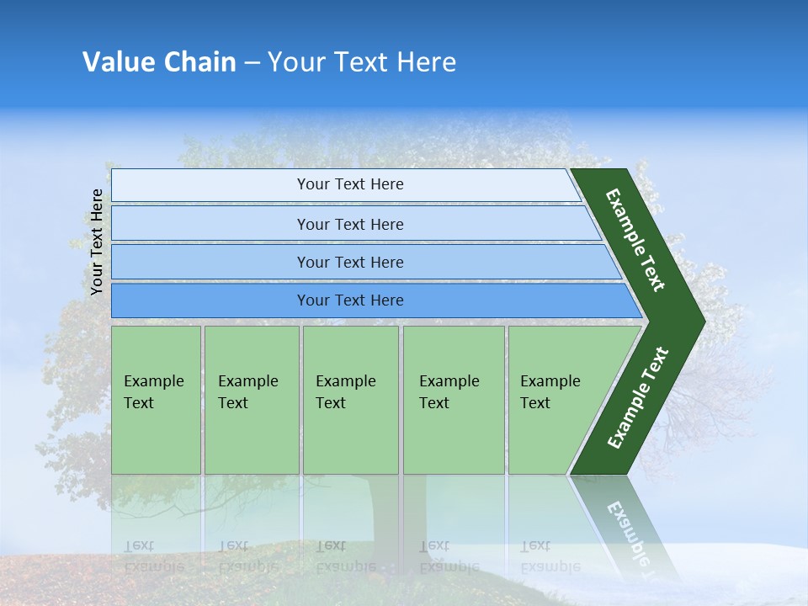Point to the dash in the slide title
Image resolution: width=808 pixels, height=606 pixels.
tap(252, 62)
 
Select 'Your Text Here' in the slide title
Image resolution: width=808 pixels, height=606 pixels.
tap(362, 61)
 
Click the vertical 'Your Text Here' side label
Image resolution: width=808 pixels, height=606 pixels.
tap(97, 242)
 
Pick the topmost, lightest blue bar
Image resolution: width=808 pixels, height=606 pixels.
tap(349, 184)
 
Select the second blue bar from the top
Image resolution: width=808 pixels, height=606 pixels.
tap(349, 224)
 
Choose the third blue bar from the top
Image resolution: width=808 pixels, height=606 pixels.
tap(349, 262)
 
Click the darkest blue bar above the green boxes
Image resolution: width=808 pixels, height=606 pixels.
tap(349, 300)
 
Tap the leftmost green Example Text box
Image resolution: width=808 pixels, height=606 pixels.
tap(156, 399)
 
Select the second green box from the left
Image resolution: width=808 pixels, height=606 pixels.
tap(251, 399)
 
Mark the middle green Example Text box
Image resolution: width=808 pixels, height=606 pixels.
tap(350, 399)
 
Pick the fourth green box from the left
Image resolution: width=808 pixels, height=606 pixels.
tap(453, 399)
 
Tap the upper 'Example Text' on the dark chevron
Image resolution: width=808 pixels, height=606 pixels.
tap(635, 239)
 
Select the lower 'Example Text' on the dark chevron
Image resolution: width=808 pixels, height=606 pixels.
tap(637, 398)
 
